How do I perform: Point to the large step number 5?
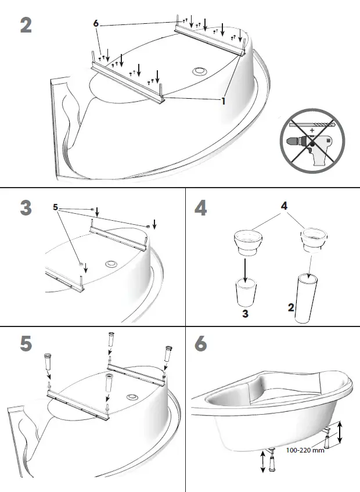[x=26, y=344]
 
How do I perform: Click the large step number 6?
[x=201, y=344]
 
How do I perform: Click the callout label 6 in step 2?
[x=96, y=23]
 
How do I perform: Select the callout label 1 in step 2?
[x=223, y=100]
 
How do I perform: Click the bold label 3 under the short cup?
[x=244, y=314]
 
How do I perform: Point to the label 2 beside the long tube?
[x=290, y=307]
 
